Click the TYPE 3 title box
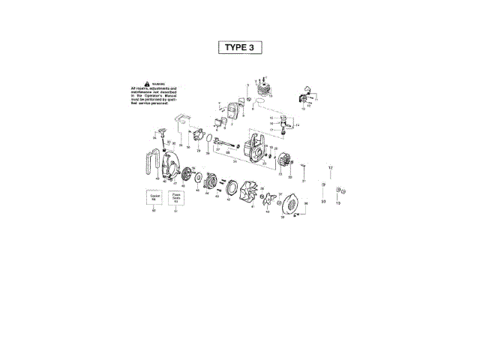pyautogui.click(x=240, y=46)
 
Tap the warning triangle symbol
pyautogui.click(x=147, y=84)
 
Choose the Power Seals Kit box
pyautogui.click(x=177, y=198)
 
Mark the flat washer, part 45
pyautogui.click(x=201, y=178)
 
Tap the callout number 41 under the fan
pyautogui.click(x=253, y=206)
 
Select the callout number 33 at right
pyautogui.click(x=323, y=202)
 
